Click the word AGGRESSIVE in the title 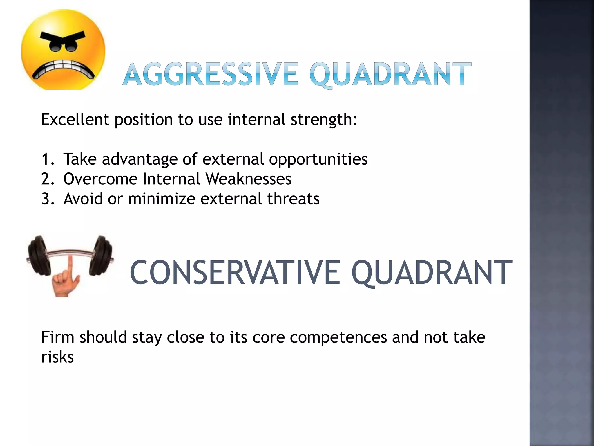[210, 74]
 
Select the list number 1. [47, 159]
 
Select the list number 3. [47, 199]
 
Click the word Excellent [75, 119]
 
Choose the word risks [57, 357]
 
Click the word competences [338, 337]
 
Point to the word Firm [58, 337]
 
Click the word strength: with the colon [324, 119]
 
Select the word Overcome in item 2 [100, 179]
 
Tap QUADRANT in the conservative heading [432, 273]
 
